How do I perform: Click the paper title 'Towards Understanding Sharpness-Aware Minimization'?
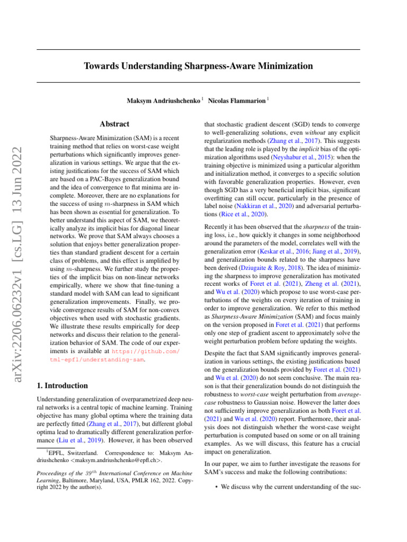click(x=198, y=66)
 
